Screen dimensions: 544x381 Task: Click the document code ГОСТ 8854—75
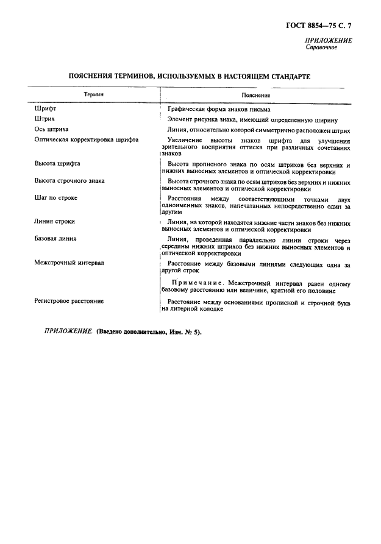coord(313,26)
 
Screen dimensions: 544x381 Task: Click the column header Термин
coord(93,95)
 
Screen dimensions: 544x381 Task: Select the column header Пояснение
coord(255,96)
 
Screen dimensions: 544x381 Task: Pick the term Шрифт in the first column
coord(45,108)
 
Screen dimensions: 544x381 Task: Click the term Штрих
coord(45,119)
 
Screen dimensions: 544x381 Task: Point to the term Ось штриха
coord(51,130)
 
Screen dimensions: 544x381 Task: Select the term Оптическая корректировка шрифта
coord(86,140)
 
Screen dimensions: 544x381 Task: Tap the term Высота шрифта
coord(57,164)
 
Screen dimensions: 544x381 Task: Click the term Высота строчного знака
coord(69,181)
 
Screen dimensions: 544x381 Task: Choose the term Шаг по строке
coord(55,198)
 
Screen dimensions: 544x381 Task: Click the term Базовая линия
coord(55,239)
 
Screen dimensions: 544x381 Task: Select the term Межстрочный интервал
coord(69,263)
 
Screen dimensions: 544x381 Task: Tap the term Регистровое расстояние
coord(69,301)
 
